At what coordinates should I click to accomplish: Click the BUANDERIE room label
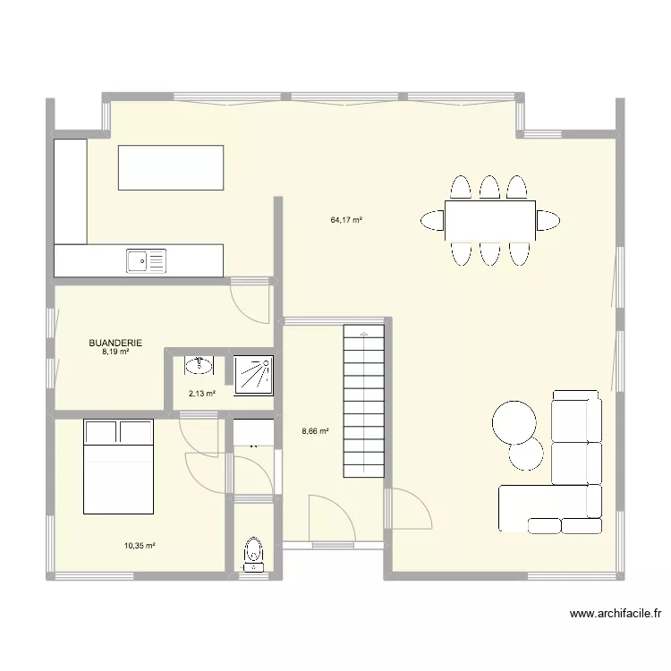pyautogui.click(x=115, y=342)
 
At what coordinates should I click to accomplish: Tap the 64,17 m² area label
pyautogui.click(x=345, y=219)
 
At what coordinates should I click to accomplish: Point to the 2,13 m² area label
pyautogui.click(x=201, y=392)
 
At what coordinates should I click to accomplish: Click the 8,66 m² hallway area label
pyautogui.click(x=315, y=431)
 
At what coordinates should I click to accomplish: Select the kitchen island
pyautogui.click(x=171, y=168)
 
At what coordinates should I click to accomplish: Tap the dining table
pyautogui.click(x=489, y=219)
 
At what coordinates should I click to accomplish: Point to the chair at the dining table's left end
pyautogui.click(x=432, y=219)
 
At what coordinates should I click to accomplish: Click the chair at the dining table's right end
pyautogui.click(x=548, y=219)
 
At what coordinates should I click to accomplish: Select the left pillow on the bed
pyautogui.click(x=101, y=433)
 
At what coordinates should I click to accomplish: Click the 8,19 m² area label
pyautogui.click(x=115, y=352)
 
